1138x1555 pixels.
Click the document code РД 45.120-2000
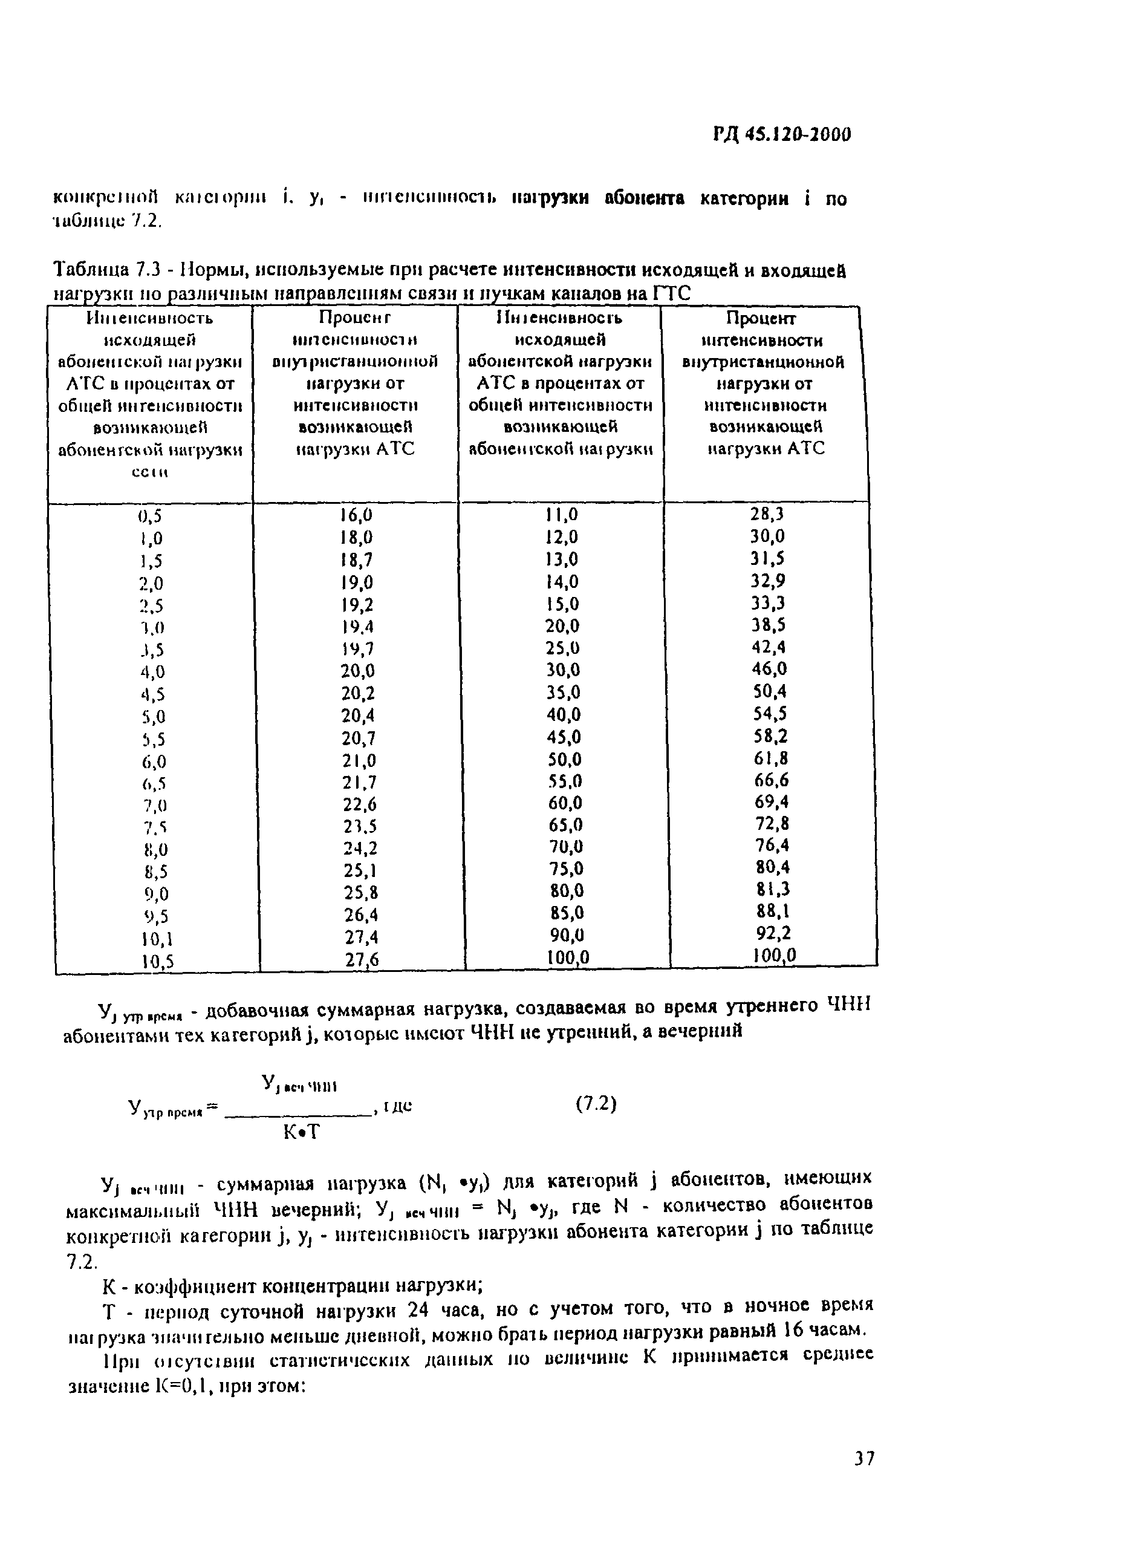(x=782, y=134)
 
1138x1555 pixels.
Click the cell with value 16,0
(x=356, y=515)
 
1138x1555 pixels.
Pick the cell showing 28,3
(x=767, y=514)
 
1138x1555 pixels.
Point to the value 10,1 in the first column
(x=157, y=938)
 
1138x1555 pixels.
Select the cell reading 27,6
(x=362, y=959)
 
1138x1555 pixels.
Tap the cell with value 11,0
(x=561, y=515)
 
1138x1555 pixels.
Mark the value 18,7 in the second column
(x=357, y=559)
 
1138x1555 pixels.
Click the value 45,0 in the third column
(x=564, y=737)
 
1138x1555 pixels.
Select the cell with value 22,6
(x=359, y=803)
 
